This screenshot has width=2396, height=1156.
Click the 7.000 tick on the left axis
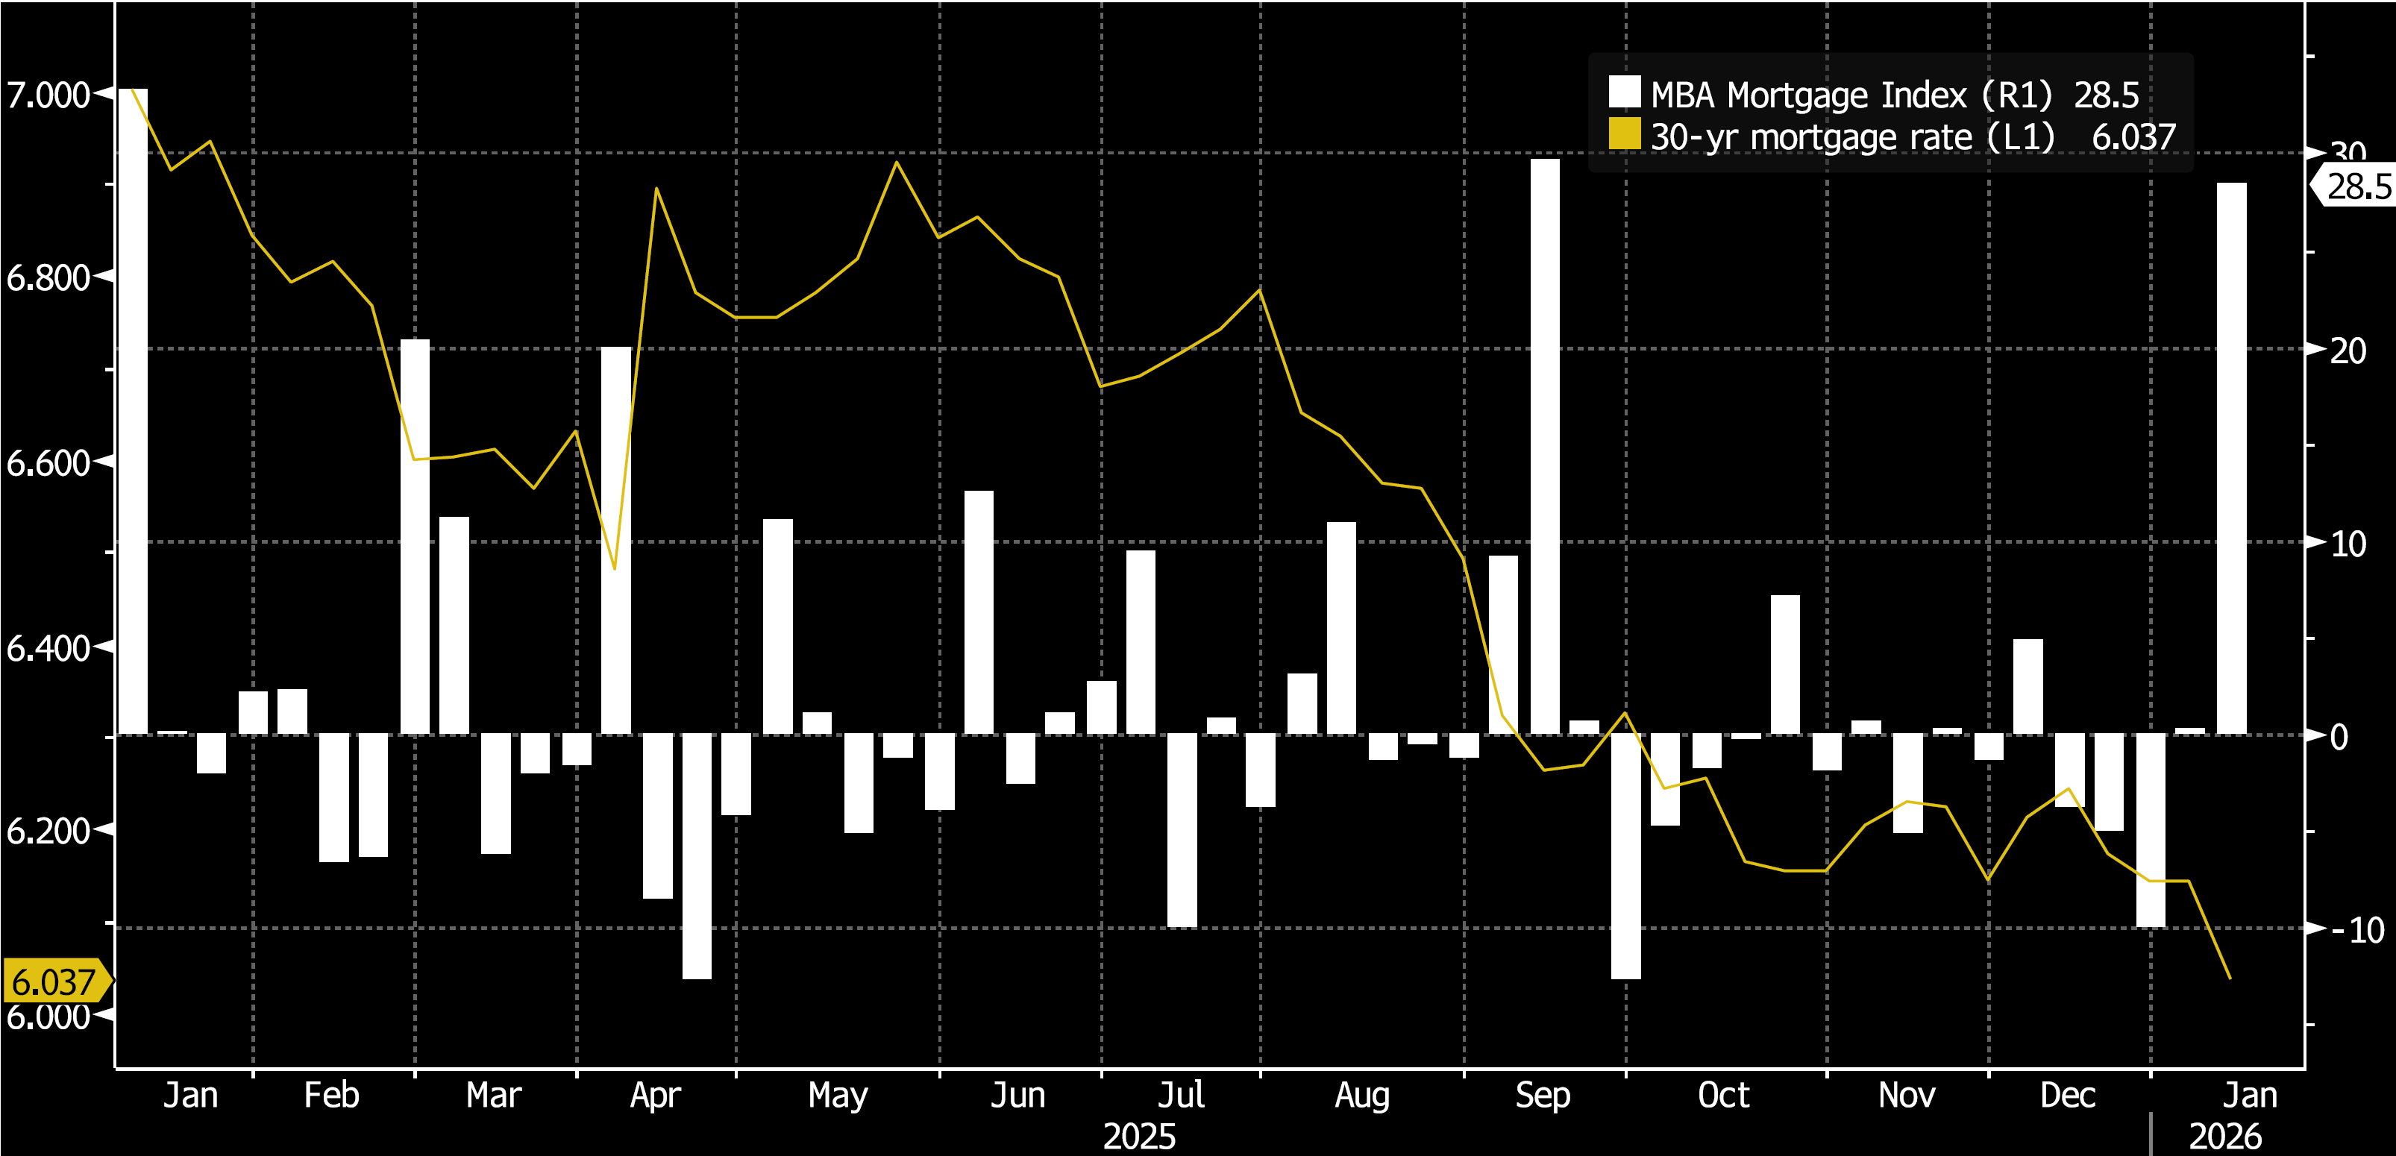click(48, 95)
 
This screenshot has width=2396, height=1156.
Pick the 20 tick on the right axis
click(2348, 351)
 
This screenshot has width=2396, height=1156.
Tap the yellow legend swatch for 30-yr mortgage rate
click(1624, 135)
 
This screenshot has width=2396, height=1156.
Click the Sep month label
click(1542, 1095)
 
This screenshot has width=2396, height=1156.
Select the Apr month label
click(655, 1095)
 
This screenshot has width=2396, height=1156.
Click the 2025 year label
click(1138, 1137)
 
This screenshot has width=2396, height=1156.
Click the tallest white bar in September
click(1545, 447)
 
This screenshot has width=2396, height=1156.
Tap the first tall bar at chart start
click(133, 409)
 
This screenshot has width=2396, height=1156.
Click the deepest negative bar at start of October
click(1626, 855)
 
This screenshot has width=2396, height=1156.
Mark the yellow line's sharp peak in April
click(656, 189)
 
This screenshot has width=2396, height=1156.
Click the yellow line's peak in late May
click(897, 163)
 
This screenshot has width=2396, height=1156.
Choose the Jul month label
click(1180, 1095)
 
